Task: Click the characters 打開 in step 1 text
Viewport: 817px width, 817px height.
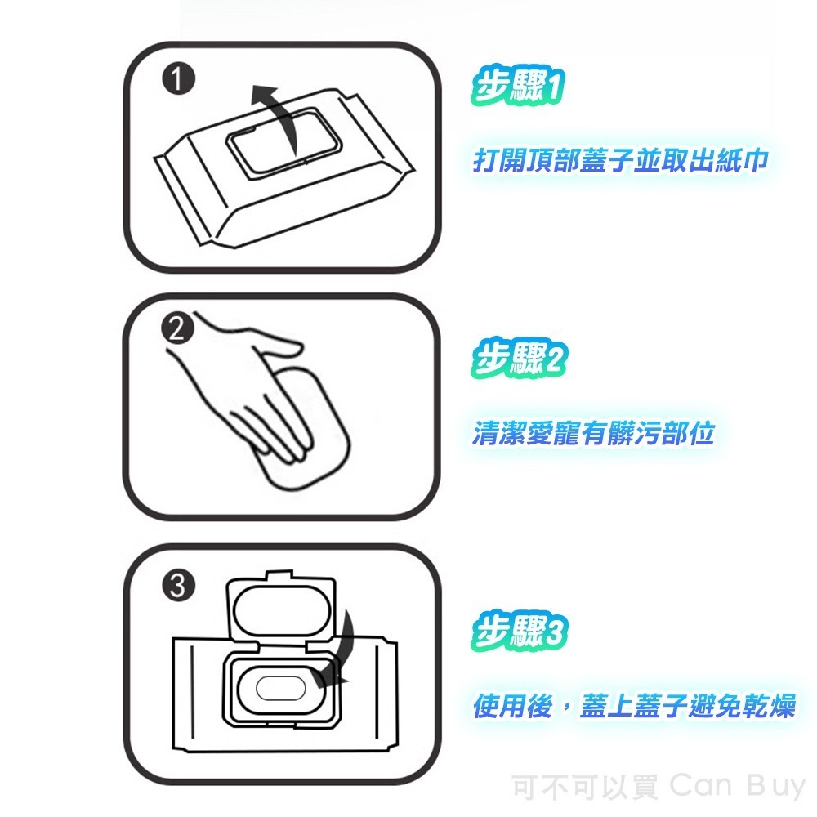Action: pos(501,161)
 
